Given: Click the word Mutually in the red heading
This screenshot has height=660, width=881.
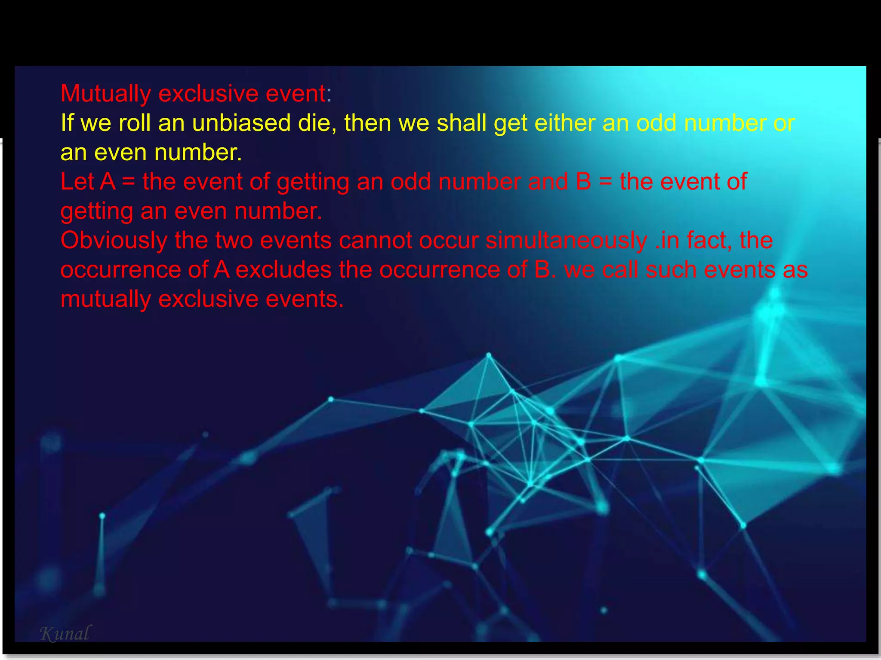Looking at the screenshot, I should click(105, 94).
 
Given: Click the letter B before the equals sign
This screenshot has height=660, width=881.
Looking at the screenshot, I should click(583, 182).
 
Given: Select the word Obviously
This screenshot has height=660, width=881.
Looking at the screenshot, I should click(114, 241).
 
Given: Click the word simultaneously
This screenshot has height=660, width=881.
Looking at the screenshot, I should click(567, 241).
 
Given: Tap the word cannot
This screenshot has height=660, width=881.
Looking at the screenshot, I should click(375, 241).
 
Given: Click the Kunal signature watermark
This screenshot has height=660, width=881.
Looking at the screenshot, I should click(65, 633).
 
